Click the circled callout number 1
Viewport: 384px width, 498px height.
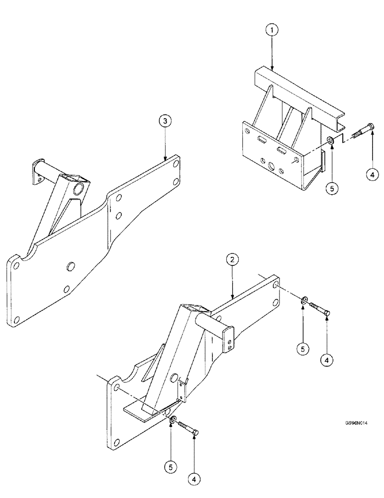tap(272, 31)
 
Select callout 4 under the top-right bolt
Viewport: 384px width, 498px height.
tap(373, 174)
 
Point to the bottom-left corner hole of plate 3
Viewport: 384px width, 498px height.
tap(17, 319)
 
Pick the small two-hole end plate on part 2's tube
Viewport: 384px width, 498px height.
tap(229, 341)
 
